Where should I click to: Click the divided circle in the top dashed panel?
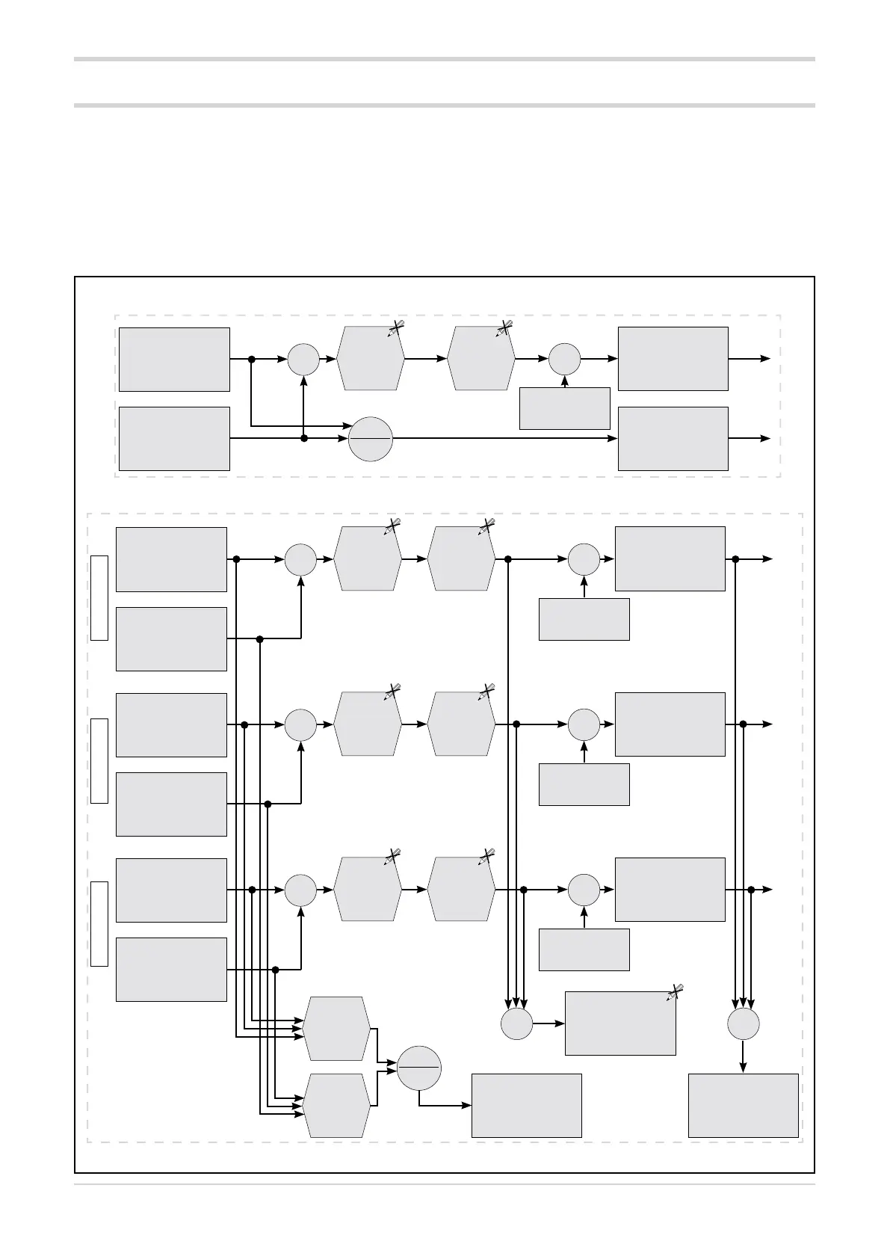(x=371, y=439)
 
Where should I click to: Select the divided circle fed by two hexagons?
(x=418, y=1069)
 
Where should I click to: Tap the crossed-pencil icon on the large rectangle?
(x=674, y=992)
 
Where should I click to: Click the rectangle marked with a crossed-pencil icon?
(x=620, y=1023)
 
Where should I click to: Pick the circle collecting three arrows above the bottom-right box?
(x=743, y=1023)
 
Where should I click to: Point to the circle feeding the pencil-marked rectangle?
(x=516, y=1023)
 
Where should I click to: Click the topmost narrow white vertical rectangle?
(x=99, y=598)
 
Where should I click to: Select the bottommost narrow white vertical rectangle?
(x=99, y=923)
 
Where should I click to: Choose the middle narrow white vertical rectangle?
(x=99, y=760)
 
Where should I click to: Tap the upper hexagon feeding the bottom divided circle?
(x=336, y=1028)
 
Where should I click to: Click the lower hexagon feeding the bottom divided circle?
(x=336, y=1106)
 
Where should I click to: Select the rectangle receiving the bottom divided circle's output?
(x=527, y=1106)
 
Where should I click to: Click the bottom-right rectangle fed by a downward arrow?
(x=743, y=1106)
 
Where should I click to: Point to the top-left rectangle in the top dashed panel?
(x=174, y=359)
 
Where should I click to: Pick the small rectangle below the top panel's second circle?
(x=565, y=408)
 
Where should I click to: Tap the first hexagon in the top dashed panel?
(x=371, y=359)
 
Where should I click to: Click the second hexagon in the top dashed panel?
(x=481, y=359)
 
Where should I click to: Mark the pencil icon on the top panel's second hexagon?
(x=504, y=328)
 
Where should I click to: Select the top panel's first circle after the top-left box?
(x=303, y=359)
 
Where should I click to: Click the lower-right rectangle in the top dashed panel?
(x=673, y=439)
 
